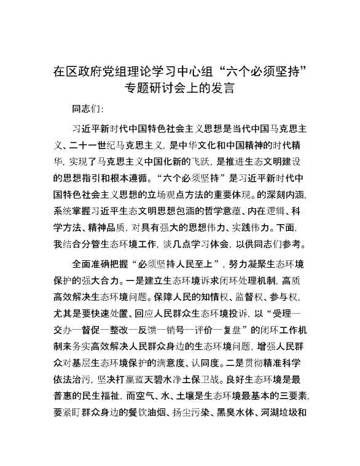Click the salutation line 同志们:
coord(88,110)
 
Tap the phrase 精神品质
coord(112,228)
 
